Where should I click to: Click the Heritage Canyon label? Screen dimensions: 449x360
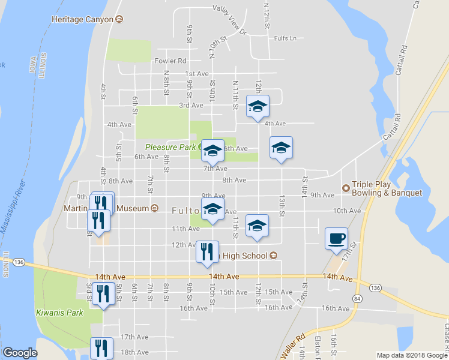(x=82, y=19)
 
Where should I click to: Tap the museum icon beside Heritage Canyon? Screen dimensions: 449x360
(x=119, y=19)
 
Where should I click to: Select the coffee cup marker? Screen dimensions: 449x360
(x=336, y=238)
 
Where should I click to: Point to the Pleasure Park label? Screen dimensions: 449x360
(x=170, y=147)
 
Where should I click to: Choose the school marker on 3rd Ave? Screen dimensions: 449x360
(x=258, y=106)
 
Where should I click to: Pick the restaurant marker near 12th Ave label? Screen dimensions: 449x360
(x=208, y=251)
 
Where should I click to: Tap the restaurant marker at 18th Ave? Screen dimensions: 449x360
(x=101, y=348)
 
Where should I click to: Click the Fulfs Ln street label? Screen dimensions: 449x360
(x=285, y=38)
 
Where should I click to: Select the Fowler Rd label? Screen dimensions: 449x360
(x=170, y=61)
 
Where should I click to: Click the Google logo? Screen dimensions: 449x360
(x=20, y=353)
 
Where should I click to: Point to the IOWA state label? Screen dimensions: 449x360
(x=33, y=65)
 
